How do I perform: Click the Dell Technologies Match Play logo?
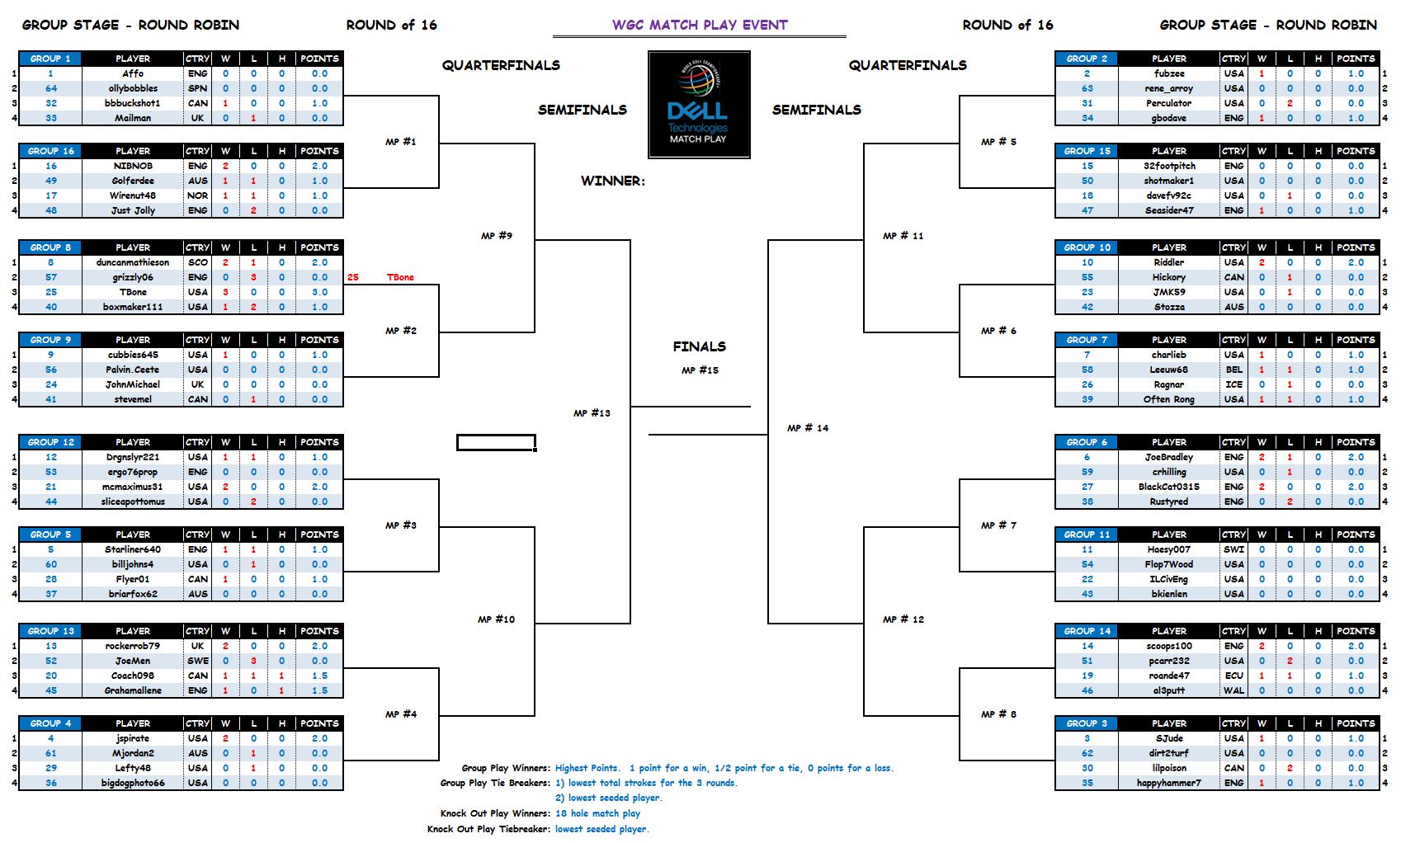(x=699, y=105)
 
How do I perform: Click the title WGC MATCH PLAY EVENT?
(x=700, y=25)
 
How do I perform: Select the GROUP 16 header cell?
(x=50, y=151)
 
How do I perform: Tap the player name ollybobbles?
(x=133, y=88)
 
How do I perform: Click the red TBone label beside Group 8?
(x=400, y=277)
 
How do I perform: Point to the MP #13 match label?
(x=592, y=413)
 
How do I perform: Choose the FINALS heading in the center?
(x=699, y=346)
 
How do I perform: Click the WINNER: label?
(x=613, y=181)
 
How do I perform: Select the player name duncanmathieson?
(x=133, y=262)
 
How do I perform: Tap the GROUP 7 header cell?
(x=1087, y=340)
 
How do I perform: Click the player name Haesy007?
(x=1168, y=549)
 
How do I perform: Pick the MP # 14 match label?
(x=808, y=428)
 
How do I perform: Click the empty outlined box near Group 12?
(x=496, y=443)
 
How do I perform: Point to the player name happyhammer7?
(x=1168, y=783)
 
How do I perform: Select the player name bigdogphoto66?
(x=133, y=783)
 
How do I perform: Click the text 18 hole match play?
(x=597, y=813)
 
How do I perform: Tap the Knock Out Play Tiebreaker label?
(x=488, y=829)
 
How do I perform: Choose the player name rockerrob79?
(x=133, y=646)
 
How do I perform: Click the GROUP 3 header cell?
(x=1087, y=723)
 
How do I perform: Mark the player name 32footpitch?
(x=1168, y=166)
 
